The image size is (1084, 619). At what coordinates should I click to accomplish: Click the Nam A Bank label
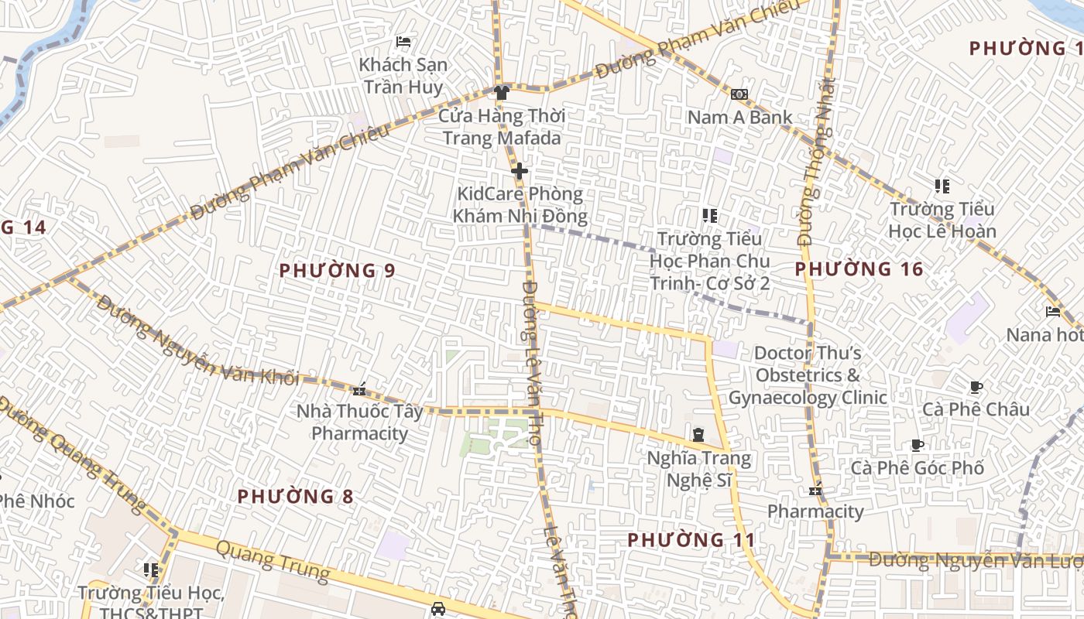point(740,118)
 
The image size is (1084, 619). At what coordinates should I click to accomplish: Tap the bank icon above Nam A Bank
point(739,94)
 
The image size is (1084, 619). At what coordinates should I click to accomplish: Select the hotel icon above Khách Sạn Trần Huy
point(403,42)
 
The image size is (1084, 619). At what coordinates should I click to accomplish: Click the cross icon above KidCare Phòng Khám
point(520,171)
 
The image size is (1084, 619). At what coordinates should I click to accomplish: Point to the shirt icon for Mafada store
point(502,93)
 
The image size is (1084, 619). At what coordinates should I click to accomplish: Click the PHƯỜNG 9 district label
point(338,271)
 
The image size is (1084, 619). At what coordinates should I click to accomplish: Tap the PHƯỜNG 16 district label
point(859,269)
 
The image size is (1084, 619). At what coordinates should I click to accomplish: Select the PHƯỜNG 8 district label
point(295,497)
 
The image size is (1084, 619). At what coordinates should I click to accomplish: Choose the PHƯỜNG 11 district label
point(691,539)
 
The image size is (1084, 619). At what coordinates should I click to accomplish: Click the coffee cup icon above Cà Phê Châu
point(976,387)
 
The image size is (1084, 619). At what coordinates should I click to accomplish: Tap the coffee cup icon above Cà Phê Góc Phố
point(918,445)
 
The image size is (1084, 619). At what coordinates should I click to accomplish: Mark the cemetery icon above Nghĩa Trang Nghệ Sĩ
point(698,436)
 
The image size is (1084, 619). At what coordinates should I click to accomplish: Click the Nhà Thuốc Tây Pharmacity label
point(360,422)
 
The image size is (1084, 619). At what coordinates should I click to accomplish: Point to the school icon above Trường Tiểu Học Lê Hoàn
point(942,186)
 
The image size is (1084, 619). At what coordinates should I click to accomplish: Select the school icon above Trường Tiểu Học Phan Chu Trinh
point(709,216)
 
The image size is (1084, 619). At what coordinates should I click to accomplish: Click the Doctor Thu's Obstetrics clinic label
point(808,375)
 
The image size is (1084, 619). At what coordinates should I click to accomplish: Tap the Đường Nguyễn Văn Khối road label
point(198,343)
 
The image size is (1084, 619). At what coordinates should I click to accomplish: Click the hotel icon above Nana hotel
point(1053,312)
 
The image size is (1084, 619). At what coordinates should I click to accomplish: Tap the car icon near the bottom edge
point(438,608)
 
